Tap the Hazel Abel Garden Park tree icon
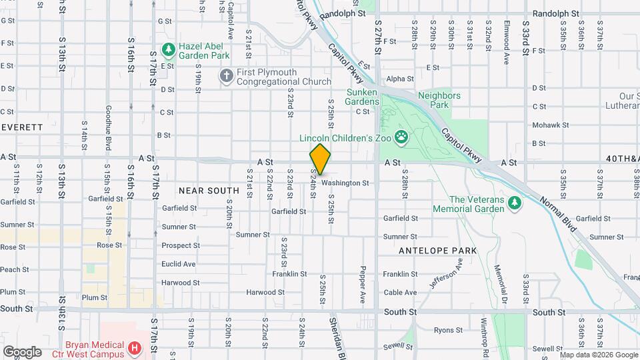point(169,49)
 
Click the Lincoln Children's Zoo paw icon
point(401,138)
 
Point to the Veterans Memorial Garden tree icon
point(513,202)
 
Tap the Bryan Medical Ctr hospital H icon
point(135,348)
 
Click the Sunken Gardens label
point(362,97)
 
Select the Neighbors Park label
point(439,100)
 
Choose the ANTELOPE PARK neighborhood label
point(437,251)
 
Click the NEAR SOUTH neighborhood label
point(209,191)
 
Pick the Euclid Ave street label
point(179,264)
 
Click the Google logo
point(21,351)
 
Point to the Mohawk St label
point(550,125)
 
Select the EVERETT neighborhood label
point(22,127)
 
